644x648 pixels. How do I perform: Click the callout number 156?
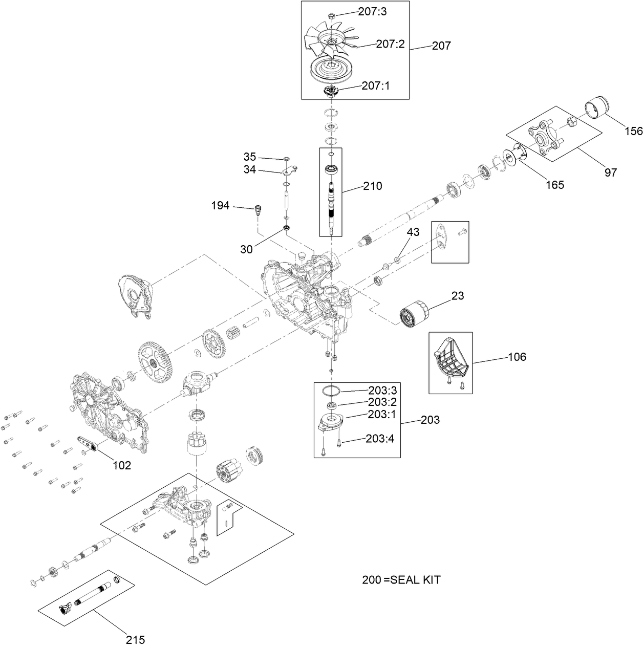tap(633, 131)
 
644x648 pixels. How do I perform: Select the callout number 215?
tap(136, 639)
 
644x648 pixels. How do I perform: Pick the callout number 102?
tap(122, 465)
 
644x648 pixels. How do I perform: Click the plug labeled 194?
tap(259, 209)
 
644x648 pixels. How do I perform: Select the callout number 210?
tap(372, 186)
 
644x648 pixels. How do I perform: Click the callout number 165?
tap(554, 184)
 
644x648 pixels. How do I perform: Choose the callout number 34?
tap(249, 170)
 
